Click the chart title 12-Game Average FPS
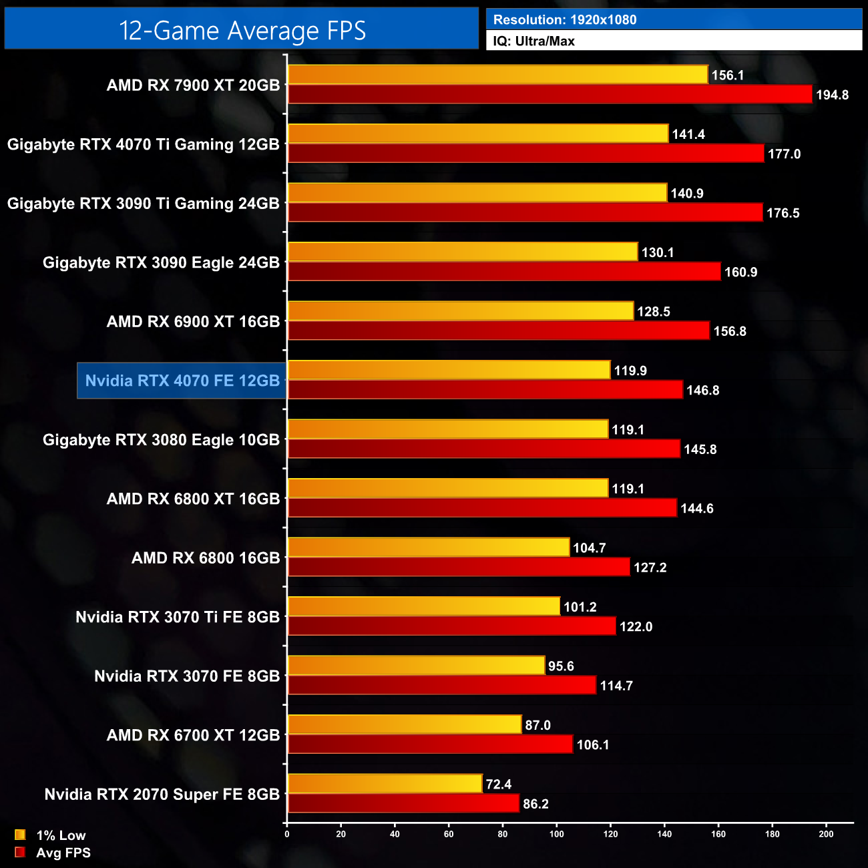point(242,31)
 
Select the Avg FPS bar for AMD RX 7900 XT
point(550,94)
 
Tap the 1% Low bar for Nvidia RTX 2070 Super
point(385,784)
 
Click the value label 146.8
point(702,391)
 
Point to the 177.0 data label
point(784,154)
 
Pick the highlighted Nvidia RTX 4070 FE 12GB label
point(182,381)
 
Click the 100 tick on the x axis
point(556,834)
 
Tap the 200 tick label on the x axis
point(826,834)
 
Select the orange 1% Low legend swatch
point(20,835)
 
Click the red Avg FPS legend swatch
point(20,852)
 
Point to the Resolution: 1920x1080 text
point(565,20)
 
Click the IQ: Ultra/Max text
point(533,41)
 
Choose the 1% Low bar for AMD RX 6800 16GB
point(428,548)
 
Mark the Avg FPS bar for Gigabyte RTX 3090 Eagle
point(504,272)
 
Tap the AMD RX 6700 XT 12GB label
point(193,735)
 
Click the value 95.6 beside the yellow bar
point(561,666)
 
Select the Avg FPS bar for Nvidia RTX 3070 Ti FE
point(451,626)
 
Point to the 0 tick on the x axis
point(287,834)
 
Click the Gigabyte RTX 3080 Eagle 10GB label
point(161,440)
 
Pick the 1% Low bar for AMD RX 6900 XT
point(460,311)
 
